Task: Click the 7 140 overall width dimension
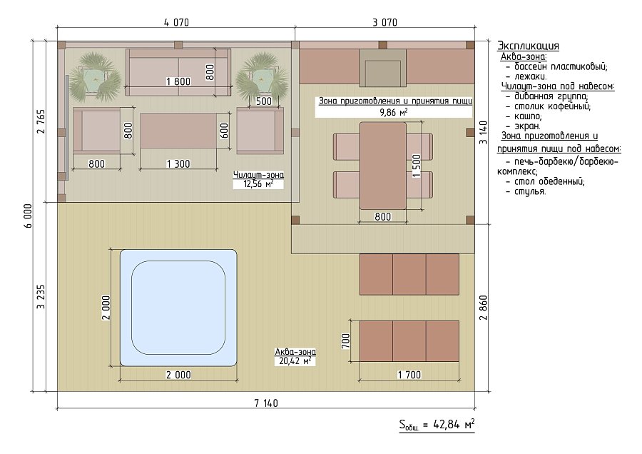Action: pyautogui.click(x=266, y=403)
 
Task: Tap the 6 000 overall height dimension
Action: pyautogui.click(x=29, y=216)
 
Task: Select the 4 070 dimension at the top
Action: pyautogui.click(x=176, y=23)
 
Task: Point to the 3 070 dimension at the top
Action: pyautogui.click(x=385, y=23)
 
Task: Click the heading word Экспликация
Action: pyautogui.click(x=528, y=46)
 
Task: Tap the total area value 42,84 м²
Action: pyautogui.click(x=449, y=425)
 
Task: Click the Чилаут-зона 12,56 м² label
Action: pyautogui.click(x=258, y=179)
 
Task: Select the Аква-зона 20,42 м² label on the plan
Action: pyautogui.click(x=295, y=356)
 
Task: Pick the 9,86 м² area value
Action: pyautogui.click(x=394, y=112)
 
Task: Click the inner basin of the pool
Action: pyautogui.click(x=178, y=308)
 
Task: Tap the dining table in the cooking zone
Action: pyautogui.click(x=383, y=165)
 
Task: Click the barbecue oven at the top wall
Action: pyautogui.click(x=383, y=68)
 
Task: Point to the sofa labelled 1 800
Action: pyautogui.click(x=178, y=73)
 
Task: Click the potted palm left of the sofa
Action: pyautogui.click(x=96, y=77)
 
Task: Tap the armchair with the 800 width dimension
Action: pyautogui.click(x=97, y=131)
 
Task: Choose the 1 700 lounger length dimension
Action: pyautogui.click(x=409, y=375)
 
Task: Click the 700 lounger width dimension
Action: pyautogui.click(x=346, y=341)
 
